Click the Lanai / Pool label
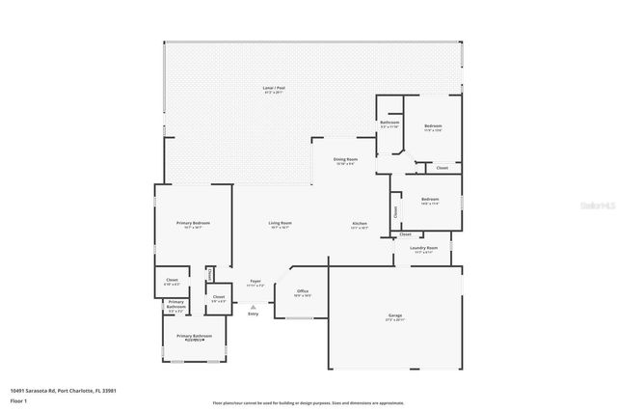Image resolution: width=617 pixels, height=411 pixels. click(x=274, y=88)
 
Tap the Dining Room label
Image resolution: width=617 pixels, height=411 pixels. click(x=345, y=159)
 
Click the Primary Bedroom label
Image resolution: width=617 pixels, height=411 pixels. click(x=193, y=223)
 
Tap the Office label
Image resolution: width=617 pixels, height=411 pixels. click(x=302, y=290)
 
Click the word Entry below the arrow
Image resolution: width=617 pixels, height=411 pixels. click(x=254, y=314)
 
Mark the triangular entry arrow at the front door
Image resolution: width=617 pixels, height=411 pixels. click(x=254, y=305)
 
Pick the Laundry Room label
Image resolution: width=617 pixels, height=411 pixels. click(x=423, y=248)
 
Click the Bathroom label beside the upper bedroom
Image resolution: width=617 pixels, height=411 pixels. click(x=389, y=123)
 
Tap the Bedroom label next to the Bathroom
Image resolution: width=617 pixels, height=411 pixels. click(x=433, y=127)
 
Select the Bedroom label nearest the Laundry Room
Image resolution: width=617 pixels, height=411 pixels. click(x=429, y=200)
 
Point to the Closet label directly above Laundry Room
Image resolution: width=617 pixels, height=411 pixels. click(x=405, y=233)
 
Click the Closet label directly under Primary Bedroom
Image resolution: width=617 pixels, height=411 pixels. click(x=172, y=281)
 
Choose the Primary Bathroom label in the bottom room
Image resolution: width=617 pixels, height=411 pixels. click(x=194, y=336)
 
